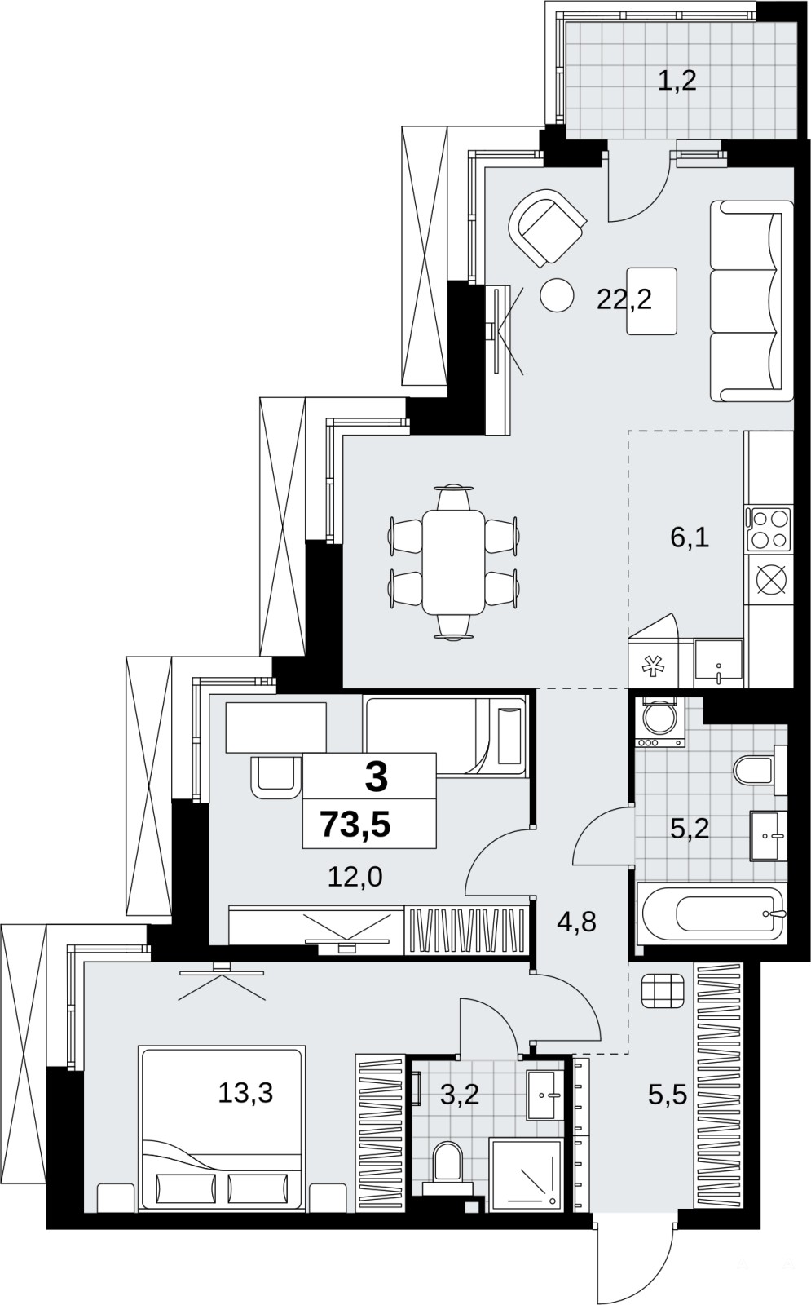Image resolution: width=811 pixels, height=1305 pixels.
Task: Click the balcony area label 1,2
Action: click(x=677, y=81)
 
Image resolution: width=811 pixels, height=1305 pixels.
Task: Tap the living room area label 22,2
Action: click(x=624, y=300)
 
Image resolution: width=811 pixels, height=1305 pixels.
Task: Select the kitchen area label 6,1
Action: click(x=690, y=537)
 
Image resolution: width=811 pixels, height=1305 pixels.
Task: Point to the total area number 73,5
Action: click(x=355, y=824)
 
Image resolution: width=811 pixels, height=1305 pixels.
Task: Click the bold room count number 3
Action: click(x=376, y=777)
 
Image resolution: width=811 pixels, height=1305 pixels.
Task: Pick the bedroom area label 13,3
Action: click(x=245, y=1092)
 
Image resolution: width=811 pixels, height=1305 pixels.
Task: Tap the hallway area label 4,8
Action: click(x=576, y=922)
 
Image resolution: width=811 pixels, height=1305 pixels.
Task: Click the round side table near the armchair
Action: click(x=558, y=295)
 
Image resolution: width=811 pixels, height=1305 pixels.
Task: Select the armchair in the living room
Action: click(x=547, y=228)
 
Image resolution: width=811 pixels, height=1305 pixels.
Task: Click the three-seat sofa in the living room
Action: click(x=751, y=301)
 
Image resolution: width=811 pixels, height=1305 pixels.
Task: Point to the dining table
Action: click(x=453, y=562)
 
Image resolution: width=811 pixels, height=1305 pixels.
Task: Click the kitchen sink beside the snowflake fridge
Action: click(x=718, y=663)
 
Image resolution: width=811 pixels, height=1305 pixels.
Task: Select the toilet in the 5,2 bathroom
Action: click(x=754, y=770)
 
